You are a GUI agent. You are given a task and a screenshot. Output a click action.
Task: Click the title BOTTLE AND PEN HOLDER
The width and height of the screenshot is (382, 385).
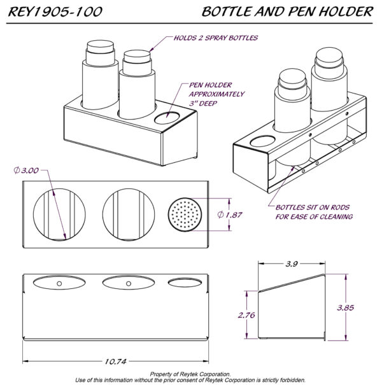(x=286, y=11)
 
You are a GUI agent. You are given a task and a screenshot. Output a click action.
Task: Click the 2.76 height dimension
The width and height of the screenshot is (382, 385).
(x=245, y=314)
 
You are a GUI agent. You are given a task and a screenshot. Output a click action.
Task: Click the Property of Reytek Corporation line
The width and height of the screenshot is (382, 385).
(x=190, y=374)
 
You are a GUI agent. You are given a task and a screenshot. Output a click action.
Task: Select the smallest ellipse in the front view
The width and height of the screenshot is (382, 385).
(x=182, y=281)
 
